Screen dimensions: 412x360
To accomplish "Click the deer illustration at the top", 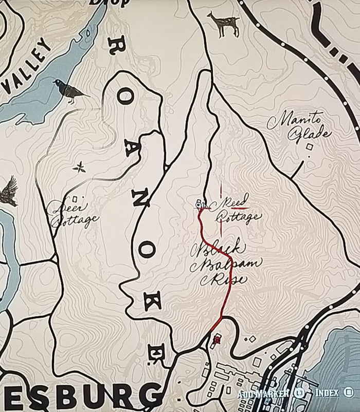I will (224, 24).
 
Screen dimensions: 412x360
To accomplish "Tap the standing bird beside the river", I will (69, 91).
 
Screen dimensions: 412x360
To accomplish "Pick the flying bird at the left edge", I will (9, 191).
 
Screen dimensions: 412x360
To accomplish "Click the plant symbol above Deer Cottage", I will (79, 166).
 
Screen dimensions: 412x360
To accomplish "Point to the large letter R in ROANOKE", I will (115, 48).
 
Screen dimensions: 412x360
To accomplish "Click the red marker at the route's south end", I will (217, 340).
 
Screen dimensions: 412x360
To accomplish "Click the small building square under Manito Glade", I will (310, 147).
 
